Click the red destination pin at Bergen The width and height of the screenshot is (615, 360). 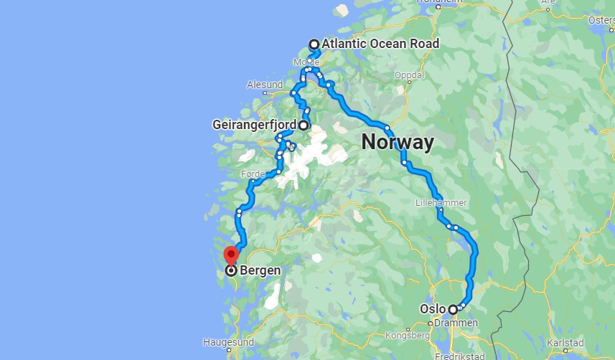230,255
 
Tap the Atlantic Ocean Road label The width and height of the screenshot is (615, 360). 380,44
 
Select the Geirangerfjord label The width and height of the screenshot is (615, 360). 255,125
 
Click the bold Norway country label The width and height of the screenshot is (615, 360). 397,141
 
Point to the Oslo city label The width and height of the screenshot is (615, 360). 433,310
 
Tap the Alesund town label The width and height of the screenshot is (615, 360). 264,85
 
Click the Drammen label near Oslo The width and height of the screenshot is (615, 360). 456,323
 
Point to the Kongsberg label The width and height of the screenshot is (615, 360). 407,335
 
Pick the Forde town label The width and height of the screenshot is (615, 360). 253,174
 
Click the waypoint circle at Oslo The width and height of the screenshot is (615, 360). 453,310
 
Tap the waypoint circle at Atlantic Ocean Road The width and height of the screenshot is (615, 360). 314,44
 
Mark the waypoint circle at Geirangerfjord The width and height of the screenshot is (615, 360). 304,125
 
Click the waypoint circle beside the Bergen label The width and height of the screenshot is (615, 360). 231,271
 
